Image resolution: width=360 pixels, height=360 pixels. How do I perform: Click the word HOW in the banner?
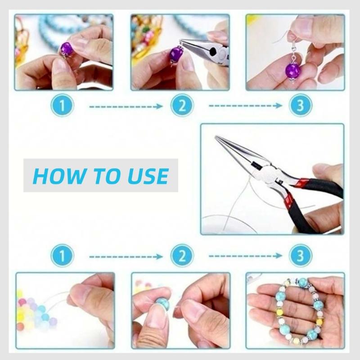point(54,175)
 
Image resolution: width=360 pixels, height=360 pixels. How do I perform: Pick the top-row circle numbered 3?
point(298,107)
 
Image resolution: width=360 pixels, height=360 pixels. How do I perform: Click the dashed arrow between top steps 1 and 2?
point(125,107)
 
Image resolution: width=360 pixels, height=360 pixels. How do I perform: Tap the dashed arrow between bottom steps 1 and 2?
point(125,256)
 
